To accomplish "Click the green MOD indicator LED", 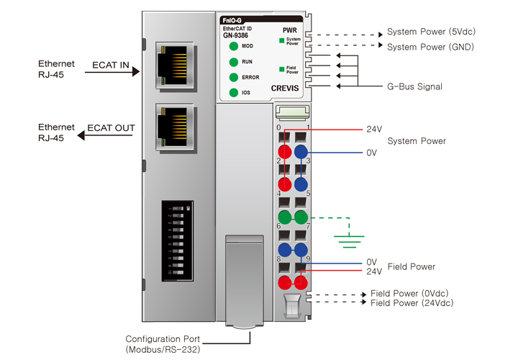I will [x=234, y=46].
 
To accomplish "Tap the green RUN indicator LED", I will [x=234, y=62].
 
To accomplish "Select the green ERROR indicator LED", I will [x=234, y=77].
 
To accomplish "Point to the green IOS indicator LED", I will [x=234, y=93].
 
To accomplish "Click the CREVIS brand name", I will [x=286, y=88].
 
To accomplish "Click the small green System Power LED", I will [x=283, y=41].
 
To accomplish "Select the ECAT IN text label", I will [x=110, y=66].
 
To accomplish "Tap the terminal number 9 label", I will [x=308, y=258].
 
